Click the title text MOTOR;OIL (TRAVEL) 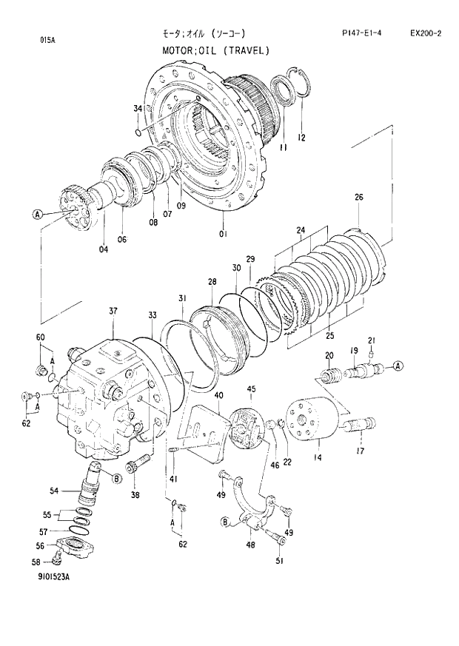215,50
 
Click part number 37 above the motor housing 113,311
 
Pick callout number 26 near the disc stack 359,198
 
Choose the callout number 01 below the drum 223,235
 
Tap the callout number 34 138,109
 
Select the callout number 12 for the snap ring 301,138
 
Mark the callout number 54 54,489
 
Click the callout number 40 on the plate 218,396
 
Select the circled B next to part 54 117,479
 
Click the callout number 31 181,298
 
